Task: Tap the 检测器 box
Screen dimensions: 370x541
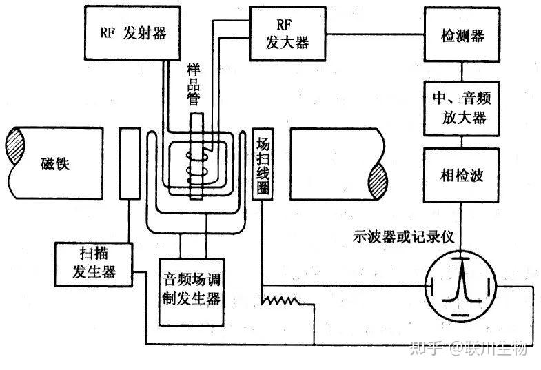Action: click(461, 33)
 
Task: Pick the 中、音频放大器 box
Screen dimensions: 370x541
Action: click(461, 107)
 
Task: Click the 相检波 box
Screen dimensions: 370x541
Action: click(461, 175)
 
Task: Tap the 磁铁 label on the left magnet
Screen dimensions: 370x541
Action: click(52, 163)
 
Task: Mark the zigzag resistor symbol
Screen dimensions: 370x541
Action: click(280, 300)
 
